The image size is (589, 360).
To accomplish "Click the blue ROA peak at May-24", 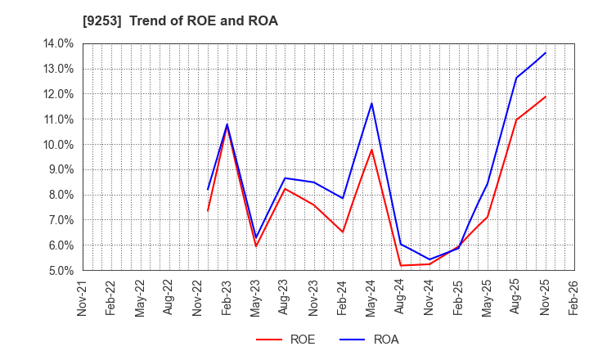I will [371, 103].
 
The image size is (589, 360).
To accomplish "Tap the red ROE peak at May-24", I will [371, 150].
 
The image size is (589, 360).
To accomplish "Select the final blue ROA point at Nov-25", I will [546, 53].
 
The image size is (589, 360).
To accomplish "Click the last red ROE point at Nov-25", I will [546, 97].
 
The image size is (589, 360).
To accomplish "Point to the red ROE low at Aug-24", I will [401, 265].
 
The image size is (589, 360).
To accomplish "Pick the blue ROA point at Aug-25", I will [516, 78].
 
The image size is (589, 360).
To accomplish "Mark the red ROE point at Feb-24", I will [343, 232].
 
